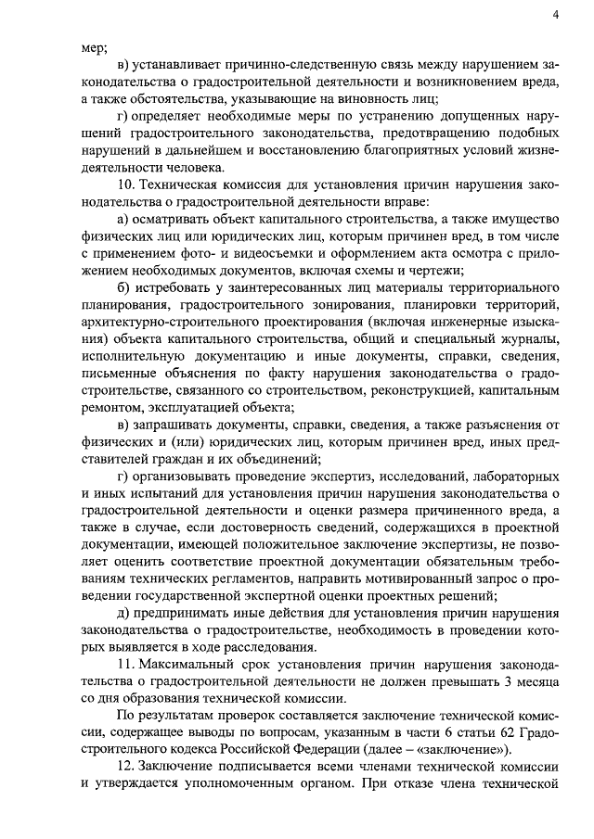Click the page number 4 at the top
click(x=554, y=14)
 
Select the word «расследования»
click(x=277, y=648)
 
